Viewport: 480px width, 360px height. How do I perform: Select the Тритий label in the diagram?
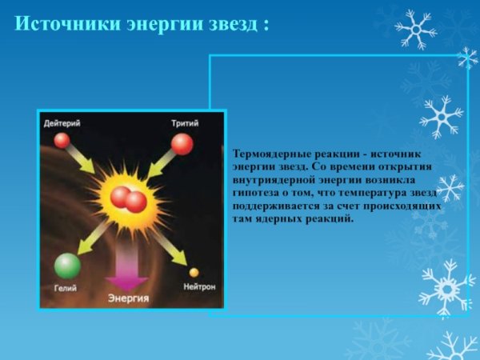(184, 123)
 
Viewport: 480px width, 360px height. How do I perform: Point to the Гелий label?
(66, 286)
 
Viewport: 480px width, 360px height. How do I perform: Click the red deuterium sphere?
(62, 141)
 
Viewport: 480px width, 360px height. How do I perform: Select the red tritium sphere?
(182, 144)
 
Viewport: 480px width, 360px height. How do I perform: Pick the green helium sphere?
(67, 265)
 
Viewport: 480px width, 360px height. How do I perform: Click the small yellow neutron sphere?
(193, 272)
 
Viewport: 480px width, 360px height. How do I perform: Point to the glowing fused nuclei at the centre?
(127, 198)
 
